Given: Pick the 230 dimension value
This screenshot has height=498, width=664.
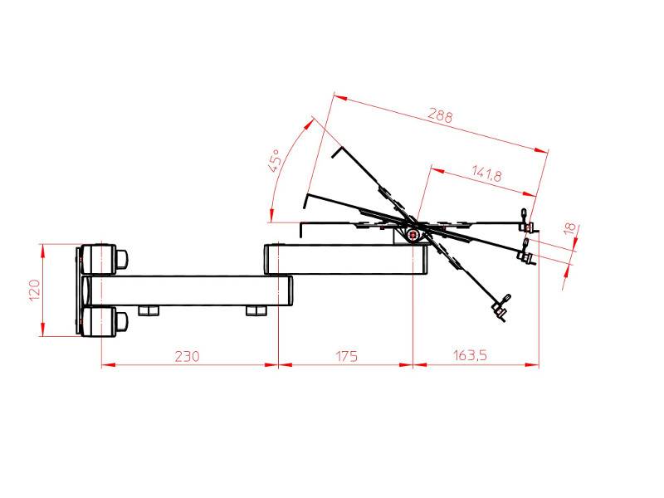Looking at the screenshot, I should click(x=187, y=356).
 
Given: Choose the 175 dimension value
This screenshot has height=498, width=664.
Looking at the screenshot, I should click(x=346, y=356).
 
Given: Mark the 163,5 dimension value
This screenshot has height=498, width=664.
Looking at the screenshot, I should click(x=471, y=356).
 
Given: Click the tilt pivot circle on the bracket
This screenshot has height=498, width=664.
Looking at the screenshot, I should click(x=411, y=235).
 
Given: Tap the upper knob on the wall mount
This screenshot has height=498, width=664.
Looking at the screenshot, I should click(x=121, y=258).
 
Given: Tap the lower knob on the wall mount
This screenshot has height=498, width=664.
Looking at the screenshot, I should click(x=121, y=322).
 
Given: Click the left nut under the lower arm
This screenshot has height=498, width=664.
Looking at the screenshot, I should click(x=149, y=311).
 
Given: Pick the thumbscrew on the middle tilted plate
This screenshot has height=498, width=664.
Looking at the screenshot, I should click(x=525, y=254).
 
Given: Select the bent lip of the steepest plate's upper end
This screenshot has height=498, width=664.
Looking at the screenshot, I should click(x=336, y=151).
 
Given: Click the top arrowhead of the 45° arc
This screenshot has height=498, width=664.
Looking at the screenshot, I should click(x=314, y=122).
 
